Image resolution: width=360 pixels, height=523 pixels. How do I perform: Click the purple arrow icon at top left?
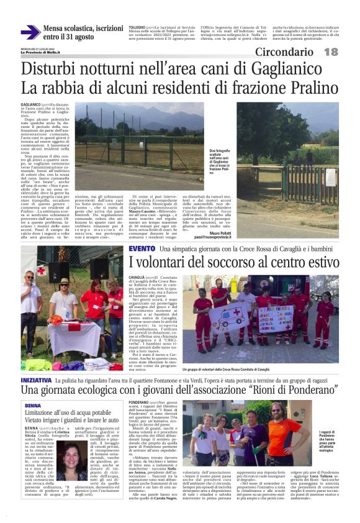click(30, 32)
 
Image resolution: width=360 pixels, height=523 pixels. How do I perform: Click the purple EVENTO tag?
click(142, 248)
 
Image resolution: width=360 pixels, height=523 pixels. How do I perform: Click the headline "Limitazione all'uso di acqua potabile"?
click(68, 413)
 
